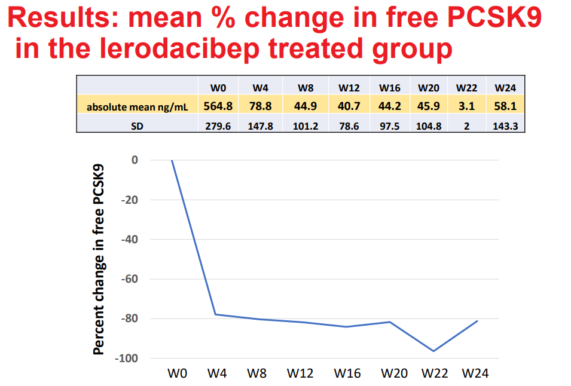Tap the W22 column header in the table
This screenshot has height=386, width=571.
(x=466, y=88)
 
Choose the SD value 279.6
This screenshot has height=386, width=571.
(x=217, y=126)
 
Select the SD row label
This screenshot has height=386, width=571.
(x=137, y=126)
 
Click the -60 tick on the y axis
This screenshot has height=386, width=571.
(x=129, y=279)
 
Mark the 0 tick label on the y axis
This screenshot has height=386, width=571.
(x=135, y=160)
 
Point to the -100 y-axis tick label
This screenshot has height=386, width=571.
(x=127, y=359)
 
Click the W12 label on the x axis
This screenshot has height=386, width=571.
(x=300, y=373)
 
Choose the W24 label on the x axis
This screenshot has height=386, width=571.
(x=475, y=373)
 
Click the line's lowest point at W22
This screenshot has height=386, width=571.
(x=432, y=351)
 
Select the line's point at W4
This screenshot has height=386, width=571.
(x=215, y=314)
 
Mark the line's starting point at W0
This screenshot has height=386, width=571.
(x=172, y=160)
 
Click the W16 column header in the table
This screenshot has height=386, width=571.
(x=390, y=88)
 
